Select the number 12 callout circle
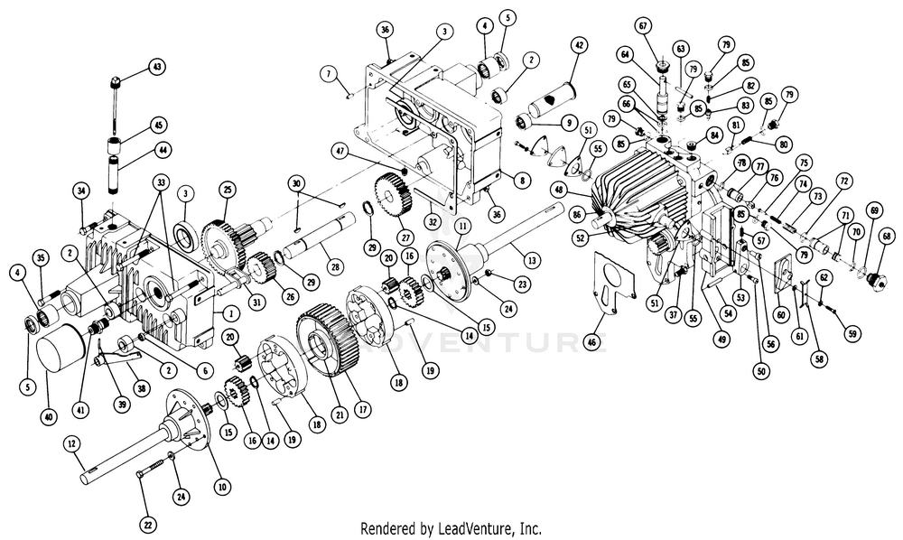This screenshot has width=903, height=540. (x=71, y=443)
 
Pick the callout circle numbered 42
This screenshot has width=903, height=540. (x=580, y=44)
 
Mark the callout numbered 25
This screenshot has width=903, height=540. (x=227, y=189)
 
